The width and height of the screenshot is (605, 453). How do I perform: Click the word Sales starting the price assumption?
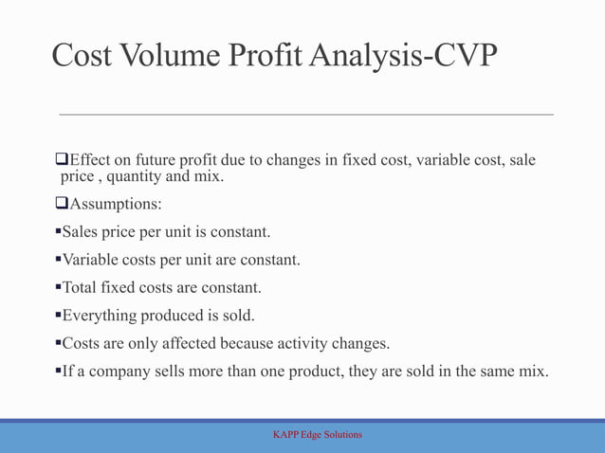coord(82,231)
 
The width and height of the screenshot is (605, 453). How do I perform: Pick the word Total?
coord(80,287)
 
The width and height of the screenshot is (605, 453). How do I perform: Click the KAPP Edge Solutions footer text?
coord(317,435)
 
